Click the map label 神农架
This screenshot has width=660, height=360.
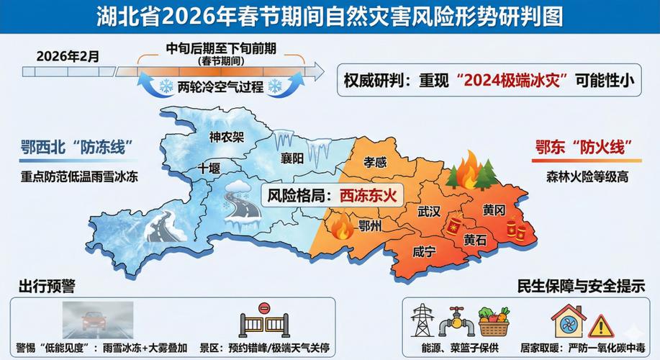(x=227, y=137)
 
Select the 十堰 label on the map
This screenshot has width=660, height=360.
(x=209, y=168)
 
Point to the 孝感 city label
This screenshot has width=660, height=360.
(x=375, y=163)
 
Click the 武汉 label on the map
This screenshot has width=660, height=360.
(x=429, y=212)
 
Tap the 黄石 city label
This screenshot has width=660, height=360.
(x=475, y=240)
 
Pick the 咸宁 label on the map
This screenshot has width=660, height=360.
(x=425, y=252)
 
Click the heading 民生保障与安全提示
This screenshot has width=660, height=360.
(x=581, y=285)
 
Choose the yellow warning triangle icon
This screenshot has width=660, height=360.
(x=600, y=326)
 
